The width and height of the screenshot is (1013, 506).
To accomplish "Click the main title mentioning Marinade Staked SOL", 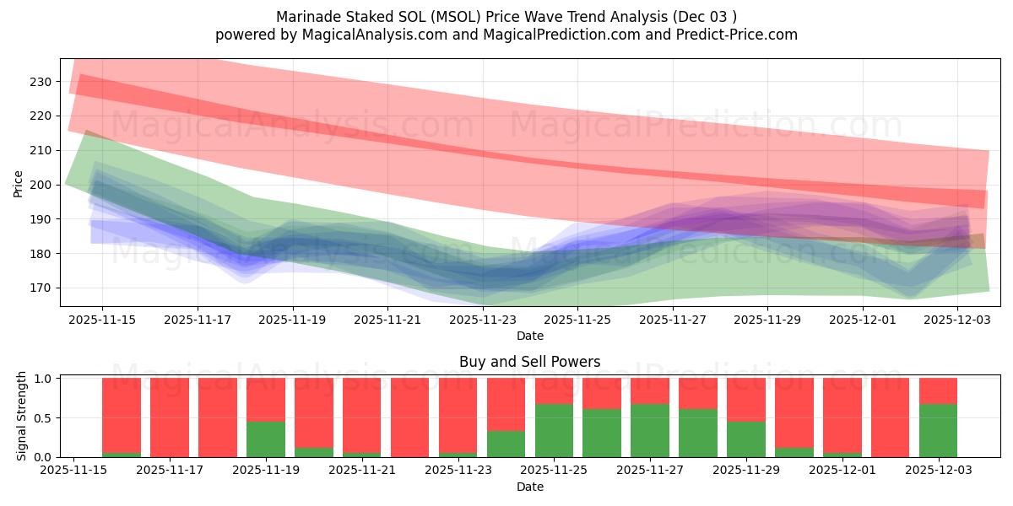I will click(506, 17).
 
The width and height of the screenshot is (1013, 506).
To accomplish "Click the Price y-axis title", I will click(18, 182).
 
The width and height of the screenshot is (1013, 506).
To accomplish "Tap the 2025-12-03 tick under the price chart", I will click(957, 320).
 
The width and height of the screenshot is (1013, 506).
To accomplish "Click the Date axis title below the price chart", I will click(529, 336).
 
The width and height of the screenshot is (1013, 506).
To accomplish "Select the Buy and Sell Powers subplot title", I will click(529, 362).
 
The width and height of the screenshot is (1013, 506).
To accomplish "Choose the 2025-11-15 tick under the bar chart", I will click(74, 471).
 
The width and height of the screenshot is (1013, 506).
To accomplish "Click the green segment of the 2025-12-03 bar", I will click(938, 430).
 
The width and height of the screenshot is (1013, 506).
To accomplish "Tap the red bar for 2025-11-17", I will click(170, 417).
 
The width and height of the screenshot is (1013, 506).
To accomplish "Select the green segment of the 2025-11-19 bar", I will click(265, 439).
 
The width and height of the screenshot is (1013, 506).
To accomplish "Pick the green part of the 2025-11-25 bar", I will click(554, 430).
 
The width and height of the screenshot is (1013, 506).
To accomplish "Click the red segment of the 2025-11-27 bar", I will click(649, 390).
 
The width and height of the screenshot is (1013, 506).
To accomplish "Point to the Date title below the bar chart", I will click(529, 487).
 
